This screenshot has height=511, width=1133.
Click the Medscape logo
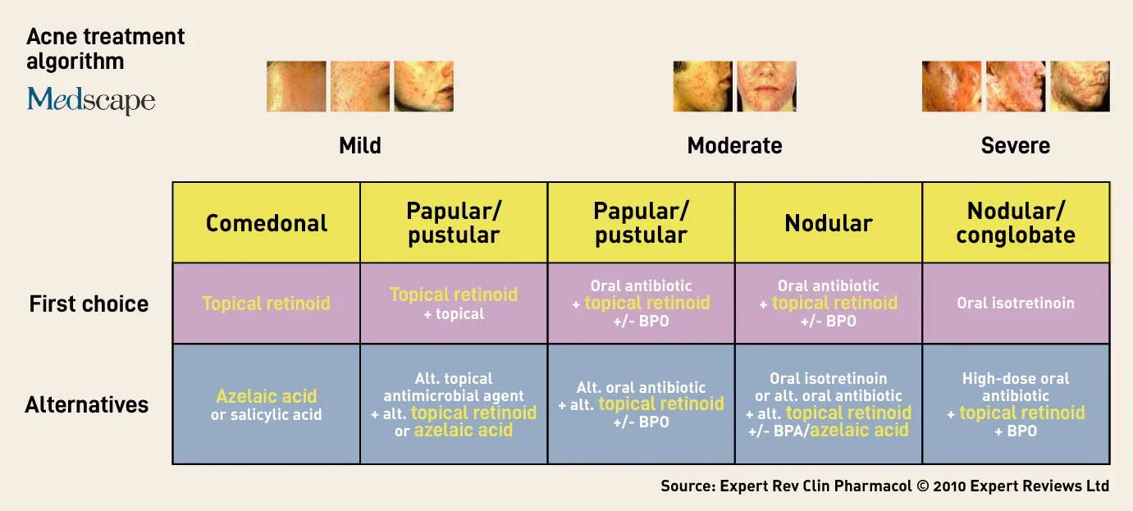pos(91,99)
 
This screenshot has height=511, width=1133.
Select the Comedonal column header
pos(267,223)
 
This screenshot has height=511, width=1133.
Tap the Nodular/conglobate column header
pos(1016,223)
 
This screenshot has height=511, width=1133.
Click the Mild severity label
pos(359,145)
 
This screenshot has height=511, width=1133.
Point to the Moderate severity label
pos(734,145)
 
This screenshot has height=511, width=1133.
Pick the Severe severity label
pos(1015,145)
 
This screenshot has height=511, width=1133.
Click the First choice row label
pos(89,303)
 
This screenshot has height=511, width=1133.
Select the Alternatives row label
pos(87,404)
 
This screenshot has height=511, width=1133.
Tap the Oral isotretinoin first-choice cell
pos(1016,303)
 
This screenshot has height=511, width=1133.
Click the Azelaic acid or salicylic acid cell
pos(267,404)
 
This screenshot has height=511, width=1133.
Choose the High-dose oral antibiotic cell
pos(1016,404)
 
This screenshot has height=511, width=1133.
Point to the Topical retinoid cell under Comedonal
pos(267,303)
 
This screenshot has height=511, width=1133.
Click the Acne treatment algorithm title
pos(105,49)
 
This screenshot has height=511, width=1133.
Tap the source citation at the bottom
pos(884,486)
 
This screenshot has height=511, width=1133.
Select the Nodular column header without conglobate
pos(829,223)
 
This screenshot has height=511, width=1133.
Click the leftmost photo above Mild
pos(296,86)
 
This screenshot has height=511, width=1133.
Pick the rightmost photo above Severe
pos(1080,86)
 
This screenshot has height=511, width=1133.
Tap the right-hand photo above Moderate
pos(767,86)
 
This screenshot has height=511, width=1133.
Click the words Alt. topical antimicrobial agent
pos(454,387)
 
